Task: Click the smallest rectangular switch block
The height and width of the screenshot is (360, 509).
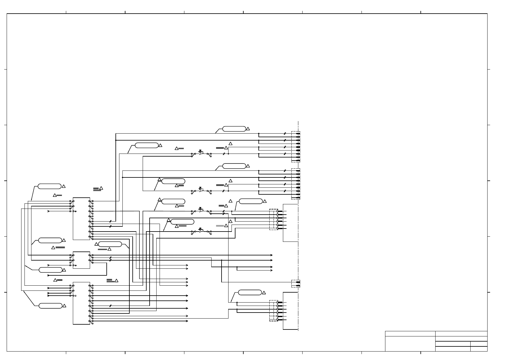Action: [81, 260]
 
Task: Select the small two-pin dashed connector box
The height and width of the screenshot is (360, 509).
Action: [296, 284]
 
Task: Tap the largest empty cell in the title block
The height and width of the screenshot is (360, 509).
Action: [410, 344]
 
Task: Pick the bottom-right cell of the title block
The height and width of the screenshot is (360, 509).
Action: [479, 349]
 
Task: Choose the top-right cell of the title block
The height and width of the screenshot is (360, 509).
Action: [461, 333]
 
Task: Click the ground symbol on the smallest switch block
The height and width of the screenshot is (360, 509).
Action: [75, 265]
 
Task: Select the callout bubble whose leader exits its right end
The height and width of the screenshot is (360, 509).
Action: [110, 244]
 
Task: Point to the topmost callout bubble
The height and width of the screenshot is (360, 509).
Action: [234, 129]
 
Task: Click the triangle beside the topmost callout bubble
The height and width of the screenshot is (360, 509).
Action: [248, 129]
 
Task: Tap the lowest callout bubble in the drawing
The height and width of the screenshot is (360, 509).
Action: [50, 306]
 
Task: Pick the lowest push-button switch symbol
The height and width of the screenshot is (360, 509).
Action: [200, 230]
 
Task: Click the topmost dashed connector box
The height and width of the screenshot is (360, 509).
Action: [296, 147]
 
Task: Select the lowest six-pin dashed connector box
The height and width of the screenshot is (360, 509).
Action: [273, 310]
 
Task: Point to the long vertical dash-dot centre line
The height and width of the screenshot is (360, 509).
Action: [298, 227]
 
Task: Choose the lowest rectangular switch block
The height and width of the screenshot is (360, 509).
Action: [81, 303]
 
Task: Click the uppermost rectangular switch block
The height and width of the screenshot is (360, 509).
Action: [81, 219]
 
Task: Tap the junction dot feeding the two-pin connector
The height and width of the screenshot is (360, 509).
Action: [222, 260]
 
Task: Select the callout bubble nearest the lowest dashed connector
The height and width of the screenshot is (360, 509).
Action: [250, 292]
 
